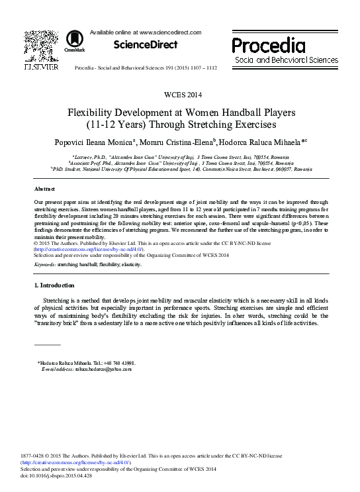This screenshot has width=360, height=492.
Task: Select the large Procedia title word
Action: tap(269, 46)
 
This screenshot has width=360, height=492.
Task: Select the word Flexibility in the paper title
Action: tap(92, 112)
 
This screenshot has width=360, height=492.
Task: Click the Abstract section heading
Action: tap(44, 188)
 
